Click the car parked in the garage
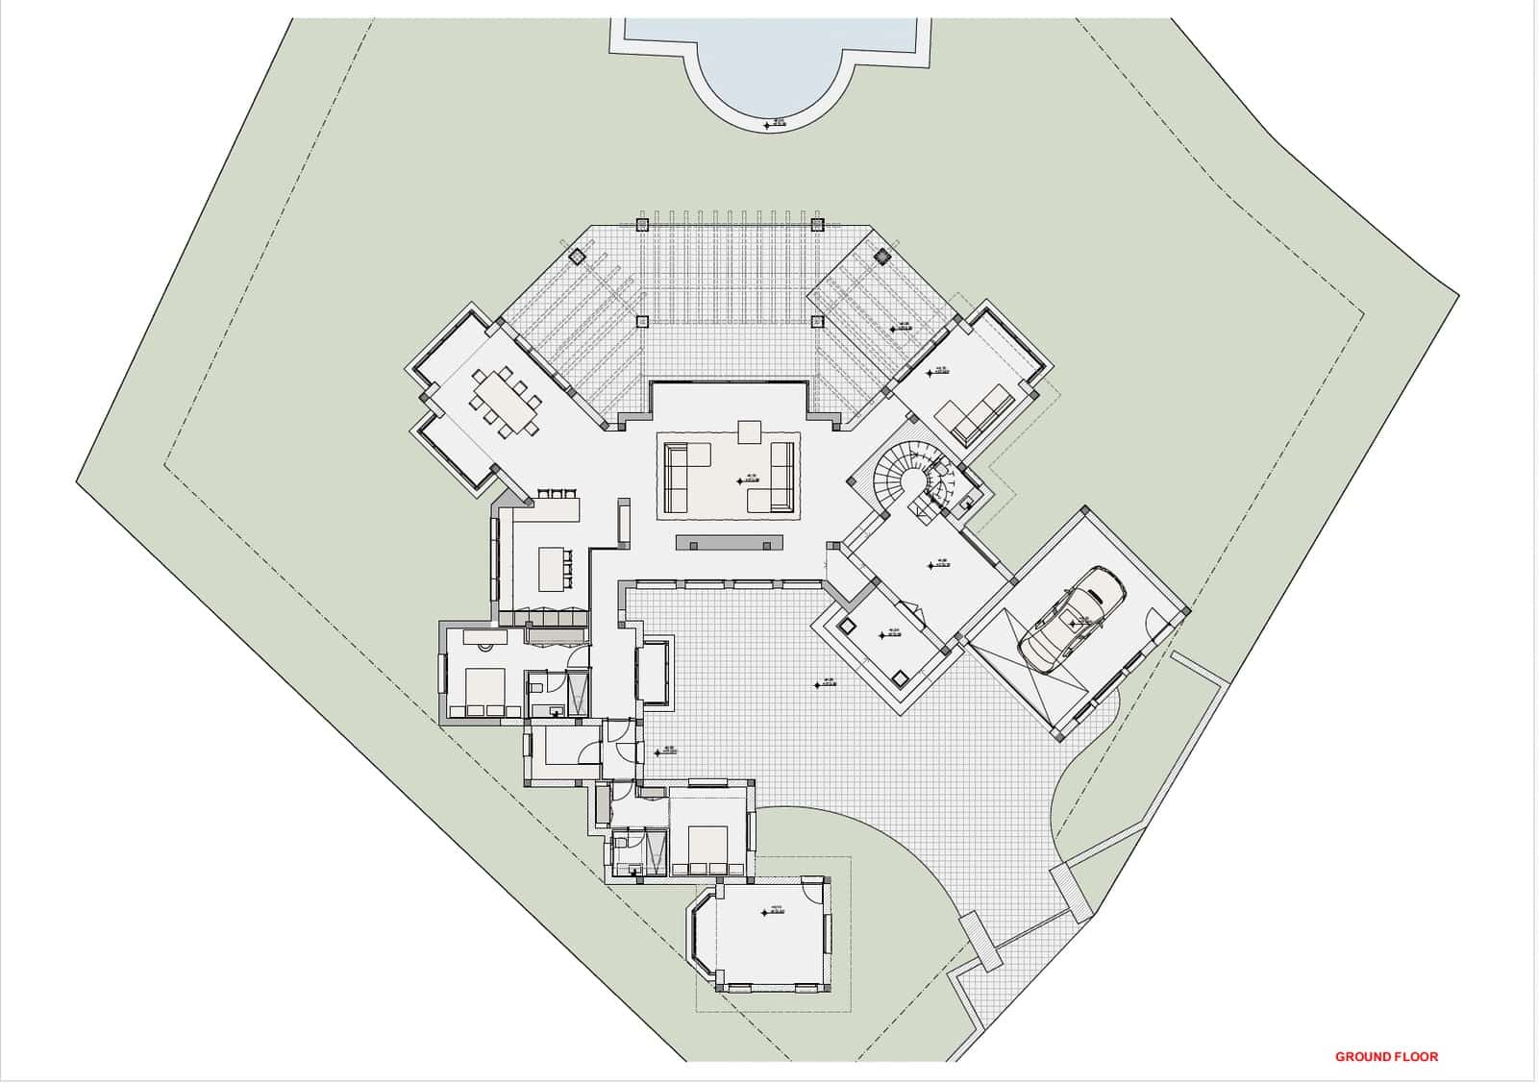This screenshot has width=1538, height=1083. coord(1070,618)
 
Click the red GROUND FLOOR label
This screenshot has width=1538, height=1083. coord(1386,1056)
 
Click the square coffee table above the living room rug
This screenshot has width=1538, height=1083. coord(749,431)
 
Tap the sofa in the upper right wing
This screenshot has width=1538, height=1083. coord(975,413)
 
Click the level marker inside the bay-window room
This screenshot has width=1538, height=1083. coord(766,914)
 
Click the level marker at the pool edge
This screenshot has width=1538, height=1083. coord(767,125)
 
